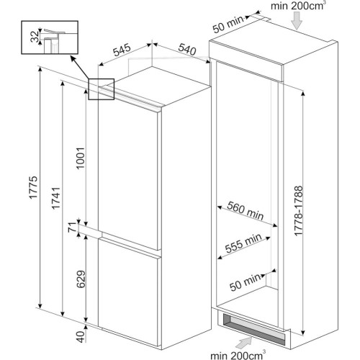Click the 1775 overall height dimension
(33, 187)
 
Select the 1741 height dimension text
(55, 198)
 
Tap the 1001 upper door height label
(81, 158)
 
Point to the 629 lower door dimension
(81, 279)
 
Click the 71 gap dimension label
(72, 228)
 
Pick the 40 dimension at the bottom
(81, 337)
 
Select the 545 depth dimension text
(122, 50)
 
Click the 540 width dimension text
(187, 49)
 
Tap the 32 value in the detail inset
(35, 37)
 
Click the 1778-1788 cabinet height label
(299, 211)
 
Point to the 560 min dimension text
(246, 210)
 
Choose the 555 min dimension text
(243, 243)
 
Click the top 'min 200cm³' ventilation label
(298, 6)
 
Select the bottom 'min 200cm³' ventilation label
(238, 355)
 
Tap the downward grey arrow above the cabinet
(297, 21)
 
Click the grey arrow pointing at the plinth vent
(243, 343)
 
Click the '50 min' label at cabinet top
(228, 24)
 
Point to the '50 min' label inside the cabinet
(245, 282)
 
